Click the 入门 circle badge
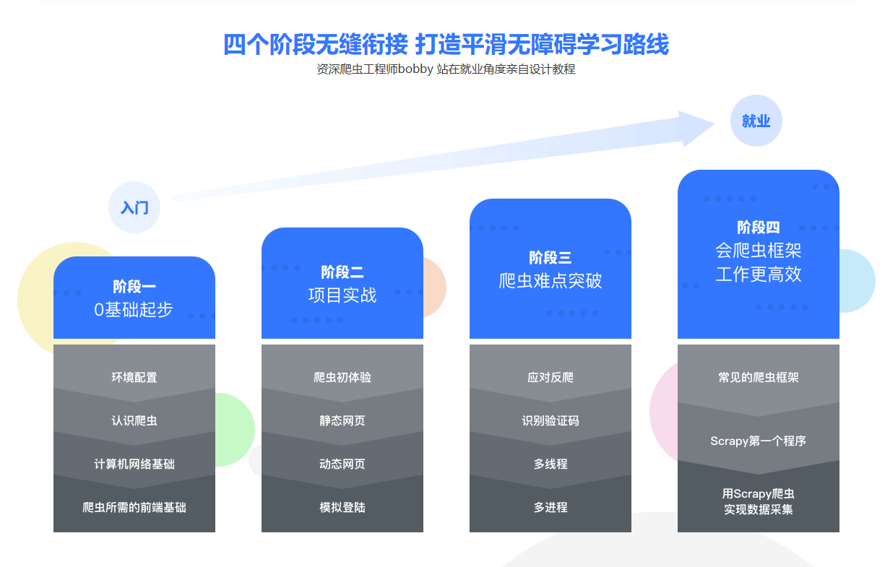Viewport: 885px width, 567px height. (x=134, y=208)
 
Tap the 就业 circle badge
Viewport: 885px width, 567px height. (x=756, y=121)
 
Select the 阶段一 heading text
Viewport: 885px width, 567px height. (x=134, y=287)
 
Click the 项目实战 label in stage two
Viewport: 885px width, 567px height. (x=342, y=295)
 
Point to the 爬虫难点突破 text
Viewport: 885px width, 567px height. (x=551, y=281)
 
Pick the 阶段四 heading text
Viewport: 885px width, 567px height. (x=759, y=228)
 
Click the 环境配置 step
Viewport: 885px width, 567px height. (x=134, y=377)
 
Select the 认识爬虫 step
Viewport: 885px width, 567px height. (x=134, y=420)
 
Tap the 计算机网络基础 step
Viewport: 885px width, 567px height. (x=134, y=464)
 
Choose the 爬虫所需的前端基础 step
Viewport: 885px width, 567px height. (x=134, y=507)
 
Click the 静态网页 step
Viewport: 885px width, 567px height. (x=342, y=420)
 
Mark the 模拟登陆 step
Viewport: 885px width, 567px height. (x=342, y=507)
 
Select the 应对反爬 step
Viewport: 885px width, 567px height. (x=551, y=377)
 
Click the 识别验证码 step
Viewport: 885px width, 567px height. (x=551, y=420)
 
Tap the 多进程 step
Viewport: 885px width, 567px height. (x=551, y=507)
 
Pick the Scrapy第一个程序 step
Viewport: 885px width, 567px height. (x=759, y=441)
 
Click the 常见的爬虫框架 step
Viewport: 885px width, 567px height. (x=759, y=377)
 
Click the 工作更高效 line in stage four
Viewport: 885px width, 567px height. (x=759, y=274)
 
